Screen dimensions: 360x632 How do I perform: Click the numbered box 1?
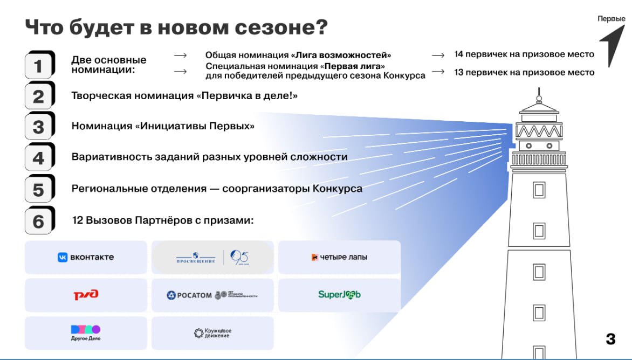tap(39, 66)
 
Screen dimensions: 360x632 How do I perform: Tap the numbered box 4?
tap(39, 158)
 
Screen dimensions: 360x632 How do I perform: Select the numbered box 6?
tap(39, 221)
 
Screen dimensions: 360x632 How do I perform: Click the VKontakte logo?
tap(86, 258)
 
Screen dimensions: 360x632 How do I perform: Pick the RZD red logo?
tap(86, 295)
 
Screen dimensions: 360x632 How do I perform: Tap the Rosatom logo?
tap(212, 295)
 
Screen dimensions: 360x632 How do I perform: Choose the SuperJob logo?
tap(339, 295)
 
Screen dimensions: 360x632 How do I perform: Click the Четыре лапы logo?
tap(339, 258)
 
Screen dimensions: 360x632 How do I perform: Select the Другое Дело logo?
tap(86, 333)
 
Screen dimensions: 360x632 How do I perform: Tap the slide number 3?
tap(610, 339)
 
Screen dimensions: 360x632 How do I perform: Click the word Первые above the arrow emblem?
tap(612, 19)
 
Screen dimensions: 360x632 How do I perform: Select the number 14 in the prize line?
tap(459, 54)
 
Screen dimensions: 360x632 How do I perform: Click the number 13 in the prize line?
tap(459, 72)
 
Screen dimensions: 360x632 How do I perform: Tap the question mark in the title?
tap(321, 27)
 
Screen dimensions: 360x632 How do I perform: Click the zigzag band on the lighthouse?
tap(539, 131)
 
